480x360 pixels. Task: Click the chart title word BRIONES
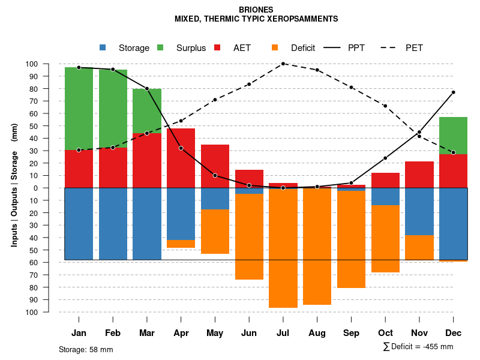[x=256, y=10]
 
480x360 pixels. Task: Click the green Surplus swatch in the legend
[x=161, y=47]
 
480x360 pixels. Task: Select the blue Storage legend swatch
[x=103, y=47]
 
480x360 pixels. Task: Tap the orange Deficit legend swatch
[x=275, y=47]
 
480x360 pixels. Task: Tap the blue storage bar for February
[x=113, y=224]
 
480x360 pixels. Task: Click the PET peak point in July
[x=283, y=64]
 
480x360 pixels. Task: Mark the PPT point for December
[x=453, y=92]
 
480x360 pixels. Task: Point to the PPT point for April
[x=181, y=148]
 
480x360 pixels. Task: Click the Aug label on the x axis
[x=317, y=333]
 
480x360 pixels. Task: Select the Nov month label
[x=419, y=333]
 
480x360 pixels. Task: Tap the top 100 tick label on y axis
[x=49, y=64]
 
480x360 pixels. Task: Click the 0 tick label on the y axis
[x=53, y=188]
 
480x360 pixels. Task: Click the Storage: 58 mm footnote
[x=86, y=349]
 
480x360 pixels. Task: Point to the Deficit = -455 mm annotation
[x=418, y=347]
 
